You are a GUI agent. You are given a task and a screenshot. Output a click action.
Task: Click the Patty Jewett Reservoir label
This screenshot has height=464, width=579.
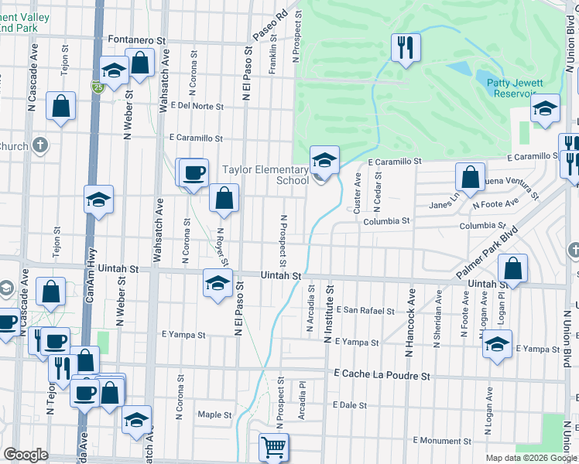(513, 87)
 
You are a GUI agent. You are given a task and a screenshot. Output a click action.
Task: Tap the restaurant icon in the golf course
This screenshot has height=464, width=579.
(405, 48)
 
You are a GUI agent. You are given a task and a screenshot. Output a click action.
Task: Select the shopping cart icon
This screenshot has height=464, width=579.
(273, 448)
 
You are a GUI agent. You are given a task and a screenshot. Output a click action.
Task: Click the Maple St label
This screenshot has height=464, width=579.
(214, 415)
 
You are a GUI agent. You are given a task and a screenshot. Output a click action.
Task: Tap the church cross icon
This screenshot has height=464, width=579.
(40, 145)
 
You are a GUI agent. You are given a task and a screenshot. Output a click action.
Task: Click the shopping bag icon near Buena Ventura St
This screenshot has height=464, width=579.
(470, 178)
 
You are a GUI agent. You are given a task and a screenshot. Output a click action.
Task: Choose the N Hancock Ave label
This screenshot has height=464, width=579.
(410, 323)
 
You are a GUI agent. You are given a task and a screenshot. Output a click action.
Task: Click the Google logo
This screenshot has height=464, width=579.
(26, 455)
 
